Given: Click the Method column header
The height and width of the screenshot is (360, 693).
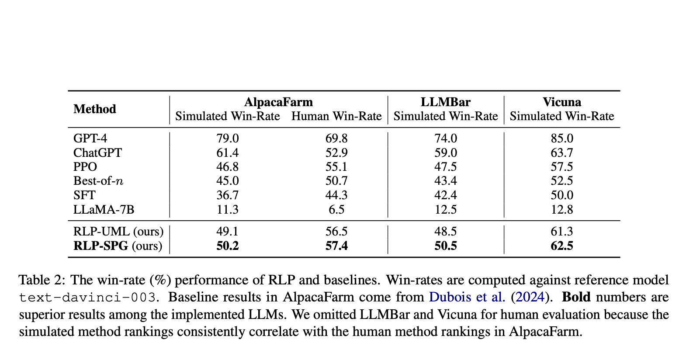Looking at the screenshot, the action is (x=94, y=109).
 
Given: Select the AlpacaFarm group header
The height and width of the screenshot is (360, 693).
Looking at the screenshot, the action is (x=278, y=102).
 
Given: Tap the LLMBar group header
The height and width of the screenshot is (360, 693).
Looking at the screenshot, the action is (x=445, y=102).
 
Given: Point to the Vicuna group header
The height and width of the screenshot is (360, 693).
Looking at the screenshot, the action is (x=561, y=102).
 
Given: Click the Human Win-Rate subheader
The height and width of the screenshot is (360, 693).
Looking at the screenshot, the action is (x=336, y=116).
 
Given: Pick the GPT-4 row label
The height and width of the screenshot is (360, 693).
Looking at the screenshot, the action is (x=90, y=138).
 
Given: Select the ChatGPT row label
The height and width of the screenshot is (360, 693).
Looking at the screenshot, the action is (x=97, y=153).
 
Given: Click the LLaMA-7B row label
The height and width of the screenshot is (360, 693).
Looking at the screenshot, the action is (x=104, y=210).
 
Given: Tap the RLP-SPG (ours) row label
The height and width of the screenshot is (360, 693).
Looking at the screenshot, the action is (x=118, y=246).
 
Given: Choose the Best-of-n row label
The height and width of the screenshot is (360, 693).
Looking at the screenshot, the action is (x=98, y=181).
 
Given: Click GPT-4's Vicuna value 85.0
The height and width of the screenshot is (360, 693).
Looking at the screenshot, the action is (x=561, y=138).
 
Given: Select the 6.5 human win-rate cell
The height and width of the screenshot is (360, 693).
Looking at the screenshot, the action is (x=336, y=210).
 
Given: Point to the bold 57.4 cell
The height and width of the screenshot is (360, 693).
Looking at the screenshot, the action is (x=336, y=246).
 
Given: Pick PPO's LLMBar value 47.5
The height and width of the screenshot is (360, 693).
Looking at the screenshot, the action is (x=445, y=167).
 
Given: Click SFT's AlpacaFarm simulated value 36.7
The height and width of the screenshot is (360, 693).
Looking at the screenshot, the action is (x=227, y=195).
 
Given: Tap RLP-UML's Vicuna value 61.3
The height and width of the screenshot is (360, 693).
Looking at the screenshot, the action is (x=561, y=232).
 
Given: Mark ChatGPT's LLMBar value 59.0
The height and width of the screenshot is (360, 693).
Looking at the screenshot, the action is (x=445, y=153).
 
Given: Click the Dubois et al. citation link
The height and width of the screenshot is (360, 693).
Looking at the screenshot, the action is (x=467, y=297).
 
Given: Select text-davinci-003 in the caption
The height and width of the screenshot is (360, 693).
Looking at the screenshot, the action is (x=87, y=298).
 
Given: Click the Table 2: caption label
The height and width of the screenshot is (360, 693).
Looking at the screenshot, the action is (x=42, y=280).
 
